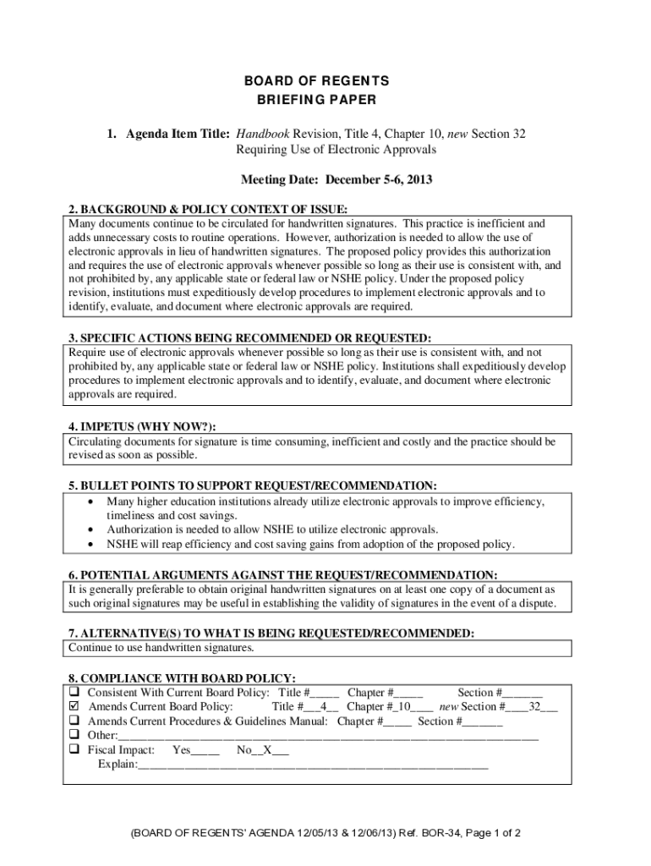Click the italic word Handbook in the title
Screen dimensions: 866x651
click(261, 134)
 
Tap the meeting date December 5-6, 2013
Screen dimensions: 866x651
click(380, 180)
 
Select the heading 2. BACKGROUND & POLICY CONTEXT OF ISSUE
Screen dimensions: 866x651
click(208, 209)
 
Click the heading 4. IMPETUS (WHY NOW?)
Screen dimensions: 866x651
click(148, 426)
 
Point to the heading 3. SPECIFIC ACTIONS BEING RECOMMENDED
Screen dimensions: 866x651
click(243, 338)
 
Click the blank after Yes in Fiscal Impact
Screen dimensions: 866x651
click(205, 751)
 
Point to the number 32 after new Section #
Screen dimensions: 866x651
click(535, 706)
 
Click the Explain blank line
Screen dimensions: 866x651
click(313, 765)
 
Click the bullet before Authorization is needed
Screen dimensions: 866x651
click(90, 530)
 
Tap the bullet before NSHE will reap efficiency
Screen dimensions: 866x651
click(90, 545)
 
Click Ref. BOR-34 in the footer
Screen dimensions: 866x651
click(425, 832)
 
